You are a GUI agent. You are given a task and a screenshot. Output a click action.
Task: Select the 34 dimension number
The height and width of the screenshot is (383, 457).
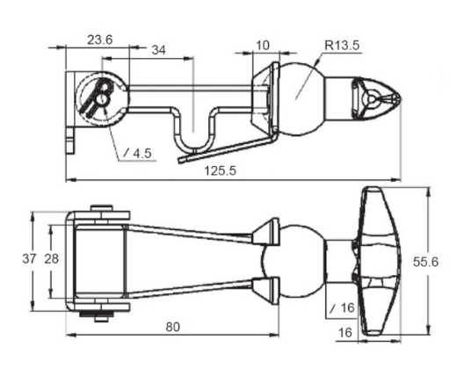(158, 51)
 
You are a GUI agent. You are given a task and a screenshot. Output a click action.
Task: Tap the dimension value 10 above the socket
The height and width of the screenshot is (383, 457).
(263, 45)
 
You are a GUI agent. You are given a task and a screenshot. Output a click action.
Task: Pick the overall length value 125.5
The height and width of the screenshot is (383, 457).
(220, 170)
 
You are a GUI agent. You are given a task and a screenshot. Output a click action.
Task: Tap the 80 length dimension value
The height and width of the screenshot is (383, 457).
(172, 327)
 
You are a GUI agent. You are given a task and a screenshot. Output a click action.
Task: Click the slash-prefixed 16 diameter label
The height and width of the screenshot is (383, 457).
(341, 307)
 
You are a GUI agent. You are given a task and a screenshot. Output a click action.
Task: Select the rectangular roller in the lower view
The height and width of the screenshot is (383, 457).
(98, 259)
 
